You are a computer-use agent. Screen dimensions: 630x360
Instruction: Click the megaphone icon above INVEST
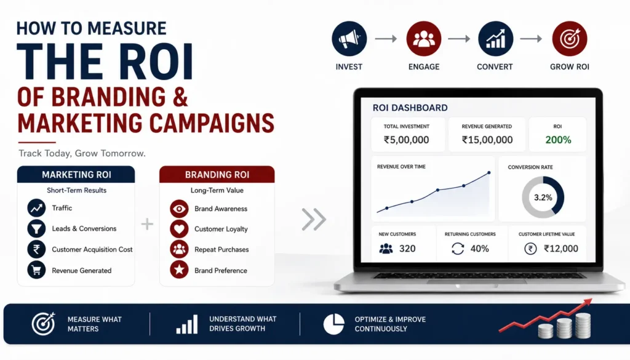click(x=349, y=39)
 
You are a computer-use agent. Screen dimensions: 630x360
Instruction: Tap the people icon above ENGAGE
click(x=423, y=39)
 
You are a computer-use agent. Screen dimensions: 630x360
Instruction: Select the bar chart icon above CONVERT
click(x=495, y=39)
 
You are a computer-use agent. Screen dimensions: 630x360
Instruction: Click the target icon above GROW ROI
click(x=570, y=39)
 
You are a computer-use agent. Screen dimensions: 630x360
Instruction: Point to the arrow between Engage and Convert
click(x=459, y=39)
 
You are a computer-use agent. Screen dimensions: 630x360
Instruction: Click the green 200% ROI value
click(x=558, y=140)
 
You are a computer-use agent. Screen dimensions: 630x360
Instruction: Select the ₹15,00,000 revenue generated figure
click(x=487, y=140)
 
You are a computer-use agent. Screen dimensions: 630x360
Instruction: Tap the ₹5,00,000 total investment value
click(x=406, y=140)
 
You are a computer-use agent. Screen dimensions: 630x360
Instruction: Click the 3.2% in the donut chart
click(x=543, y=198)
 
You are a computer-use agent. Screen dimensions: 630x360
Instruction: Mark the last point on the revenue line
click(x=489, y=173)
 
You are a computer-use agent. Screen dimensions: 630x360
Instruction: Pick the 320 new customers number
click(x=407, y=249)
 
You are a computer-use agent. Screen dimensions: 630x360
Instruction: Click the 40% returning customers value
click(x=479, y=249)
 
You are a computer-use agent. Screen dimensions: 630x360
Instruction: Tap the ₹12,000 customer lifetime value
click(x=561, y=249)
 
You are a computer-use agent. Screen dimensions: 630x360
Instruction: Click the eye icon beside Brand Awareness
click(x=179, y=209)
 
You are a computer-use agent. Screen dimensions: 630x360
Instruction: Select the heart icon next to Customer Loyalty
click(x=179, y=229)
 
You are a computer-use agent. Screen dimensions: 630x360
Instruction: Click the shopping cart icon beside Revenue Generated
click(x=36, y=270)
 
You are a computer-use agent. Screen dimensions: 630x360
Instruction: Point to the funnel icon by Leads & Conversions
click(x=36, y=229)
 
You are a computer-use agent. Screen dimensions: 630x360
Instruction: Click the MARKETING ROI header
click(x=76, y=175)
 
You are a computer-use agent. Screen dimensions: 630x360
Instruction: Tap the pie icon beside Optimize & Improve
click(x=334, y=324)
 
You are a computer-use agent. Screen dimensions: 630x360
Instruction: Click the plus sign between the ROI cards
click(x=148, y=224)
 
